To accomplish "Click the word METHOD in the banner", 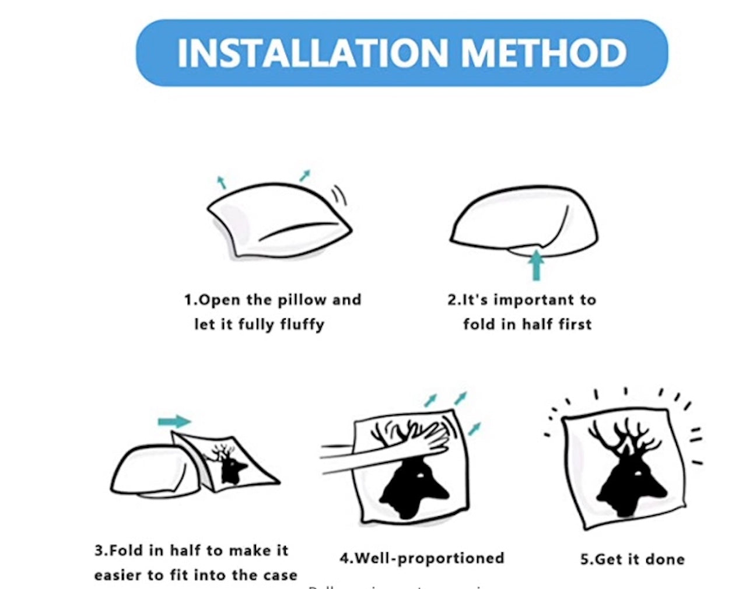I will (x=544, y=53).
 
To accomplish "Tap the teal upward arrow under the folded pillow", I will (x=535, y=266).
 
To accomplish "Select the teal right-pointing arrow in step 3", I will (x=174, y=421).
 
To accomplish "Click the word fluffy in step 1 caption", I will (x=302, y=324).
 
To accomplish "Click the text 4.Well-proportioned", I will (x=422, y=558).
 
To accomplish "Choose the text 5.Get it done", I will (x=632, y=559).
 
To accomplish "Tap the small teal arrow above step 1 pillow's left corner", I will (x=221, y=182).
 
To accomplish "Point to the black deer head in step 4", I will (x=415, y=487).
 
